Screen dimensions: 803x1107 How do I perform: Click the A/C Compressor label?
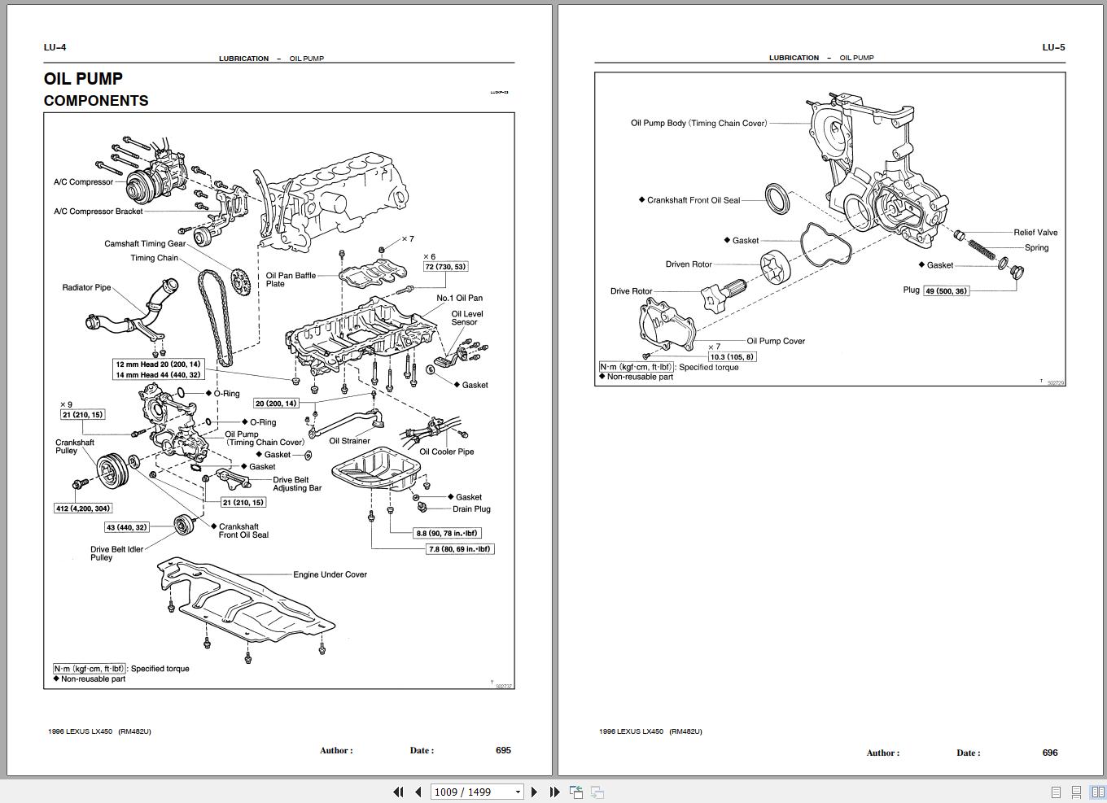click(x=83, y=182)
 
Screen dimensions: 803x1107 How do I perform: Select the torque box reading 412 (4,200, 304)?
click(x=83, y=508)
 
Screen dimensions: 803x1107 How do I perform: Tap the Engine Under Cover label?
click(x=330, y=574)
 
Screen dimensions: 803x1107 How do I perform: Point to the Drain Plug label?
click(x=471, y=509)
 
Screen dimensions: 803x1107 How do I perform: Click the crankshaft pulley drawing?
click(x=113, y=470)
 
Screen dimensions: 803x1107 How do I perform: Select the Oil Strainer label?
click(x=349, y=441)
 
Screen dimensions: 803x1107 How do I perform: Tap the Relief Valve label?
click(x=1035, y=233)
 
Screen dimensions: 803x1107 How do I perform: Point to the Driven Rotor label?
click(x=689, y=264)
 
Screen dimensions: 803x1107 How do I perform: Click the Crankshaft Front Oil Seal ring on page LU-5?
click(x=778, y=199)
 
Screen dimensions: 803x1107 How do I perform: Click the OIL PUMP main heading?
click(x=83, y=79)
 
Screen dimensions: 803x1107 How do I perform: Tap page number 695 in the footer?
click(x=503, y=750)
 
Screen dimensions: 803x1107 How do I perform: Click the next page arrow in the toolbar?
click(x=534, y=792)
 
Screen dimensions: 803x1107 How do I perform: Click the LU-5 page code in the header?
click(x=1053, y=47)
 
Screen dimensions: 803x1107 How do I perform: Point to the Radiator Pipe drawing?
click(x=130, y=313)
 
